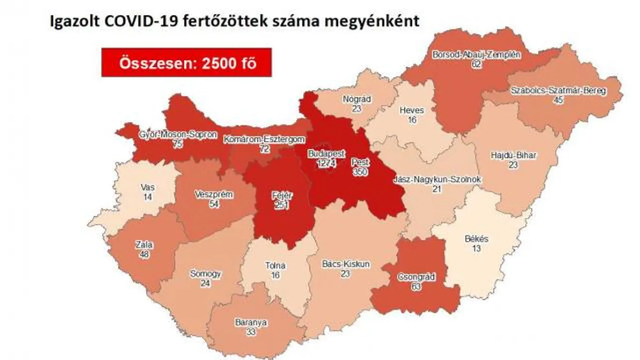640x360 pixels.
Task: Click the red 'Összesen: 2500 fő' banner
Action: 186,63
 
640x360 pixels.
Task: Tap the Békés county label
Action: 477,239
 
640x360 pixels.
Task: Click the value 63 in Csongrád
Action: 416,285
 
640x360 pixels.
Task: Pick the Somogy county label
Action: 205,274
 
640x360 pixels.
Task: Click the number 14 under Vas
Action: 148,197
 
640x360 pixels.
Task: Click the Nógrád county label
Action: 356,100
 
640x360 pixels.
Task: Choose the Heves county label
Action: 411,110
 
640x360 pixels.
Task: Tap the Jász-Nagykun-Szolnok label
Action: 438,180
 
